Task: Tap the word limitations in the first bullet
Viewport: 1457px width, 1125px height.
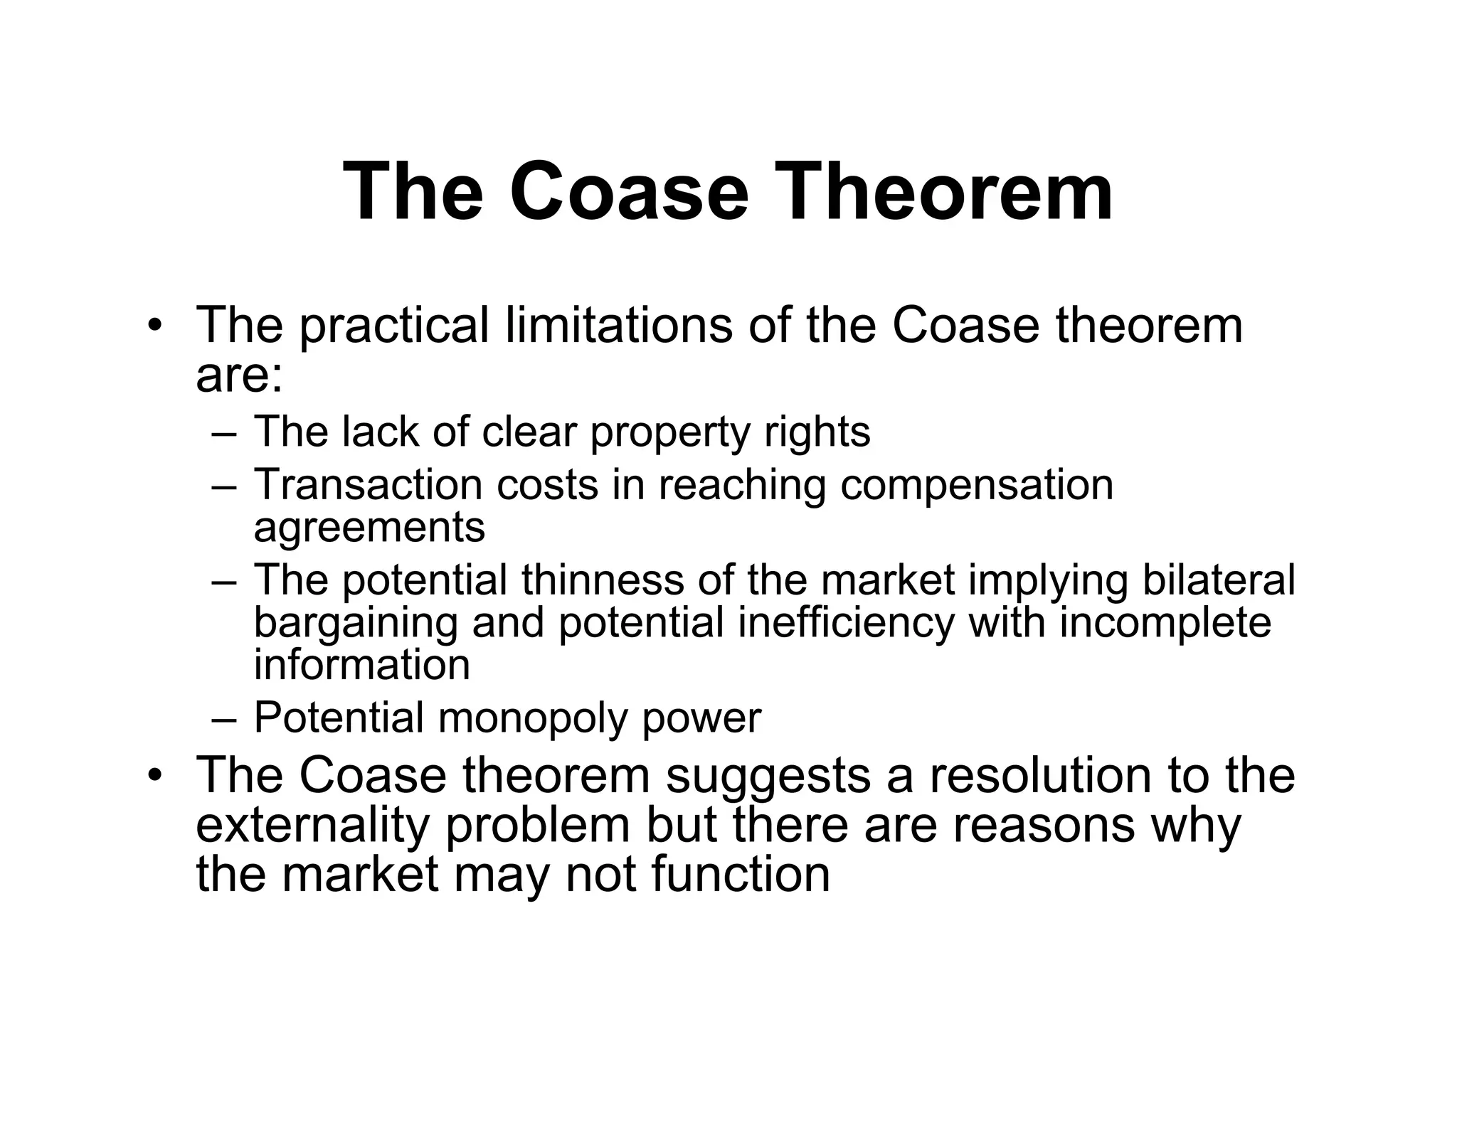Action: (618, 326)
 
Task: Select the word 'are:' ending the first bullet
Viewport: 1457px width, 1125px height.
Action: (239, 376)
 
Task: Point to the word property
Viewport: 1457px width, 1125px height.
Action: (670, 432)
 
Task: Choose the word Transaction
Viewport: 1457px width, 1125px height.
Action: (366, 485)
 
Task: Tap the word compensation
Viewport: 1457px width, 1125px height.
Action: (976, 485)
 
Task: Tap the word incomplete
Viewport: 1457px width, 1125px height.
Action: (1165, 624)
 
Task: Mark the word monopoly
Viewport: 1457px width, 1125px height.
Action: (533, 718)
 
